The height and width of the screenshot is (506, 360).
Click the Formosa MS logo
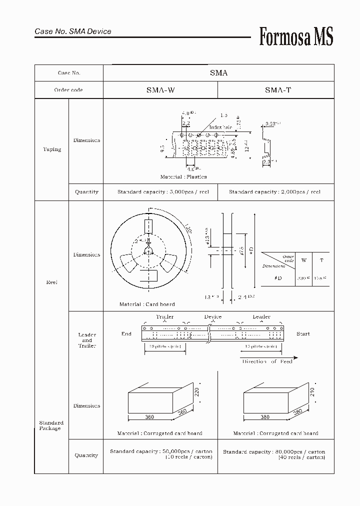click(x=296, y=37)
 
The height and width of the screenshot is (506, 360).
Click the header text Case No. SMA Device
click(x=73, y=31)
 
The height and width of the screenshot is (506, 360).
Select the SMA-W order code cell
click(x=160, y=90)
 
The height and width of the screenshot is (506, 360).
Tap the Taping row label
click(x=52, y=149)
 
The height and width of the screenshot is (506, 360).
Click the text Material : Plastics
click(x=183, y=177)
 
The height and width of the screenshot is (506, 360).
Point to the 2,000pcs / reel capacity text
click(x=274, y=192)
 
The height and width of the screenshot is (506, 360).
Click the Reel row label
click(x=51, y=282)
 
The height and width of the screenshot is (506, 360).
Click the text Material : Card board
click(x=147, y=304)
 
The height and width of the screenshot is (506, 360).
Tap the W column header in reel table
click(x=303, y=260)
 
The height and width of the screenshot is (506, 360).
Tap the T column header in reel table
click(x=321, y=260)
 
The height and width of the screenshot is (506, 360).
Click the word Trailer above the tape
click(x=164, y=316)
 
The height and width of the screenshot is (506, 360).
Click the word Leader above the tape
click(x=261, y=316)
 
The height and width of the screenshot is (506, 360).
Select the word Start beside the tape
click(x=303, y=333)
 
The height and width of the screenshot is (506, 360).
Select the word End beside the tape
click(x=126, y=333)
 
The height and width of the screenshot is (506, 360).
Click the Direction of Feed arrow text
click(x=267, y=361)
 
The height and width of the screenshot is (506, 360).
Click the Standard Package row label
click(x=51, y=425)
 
